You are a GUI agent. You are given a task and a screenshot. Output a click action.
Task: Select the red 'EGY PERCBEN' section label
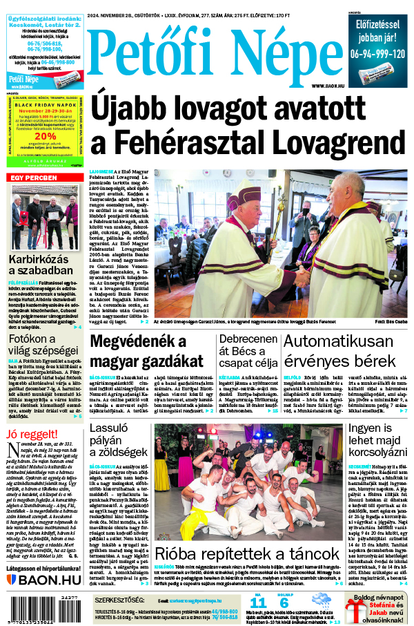[33, 178]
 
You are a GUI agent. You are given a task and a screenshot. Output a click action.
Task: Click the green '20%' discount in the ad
[46, 136]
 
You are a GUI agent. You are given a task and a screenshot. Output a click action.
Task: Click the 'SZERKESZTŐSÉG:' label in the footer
[120, 600]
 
